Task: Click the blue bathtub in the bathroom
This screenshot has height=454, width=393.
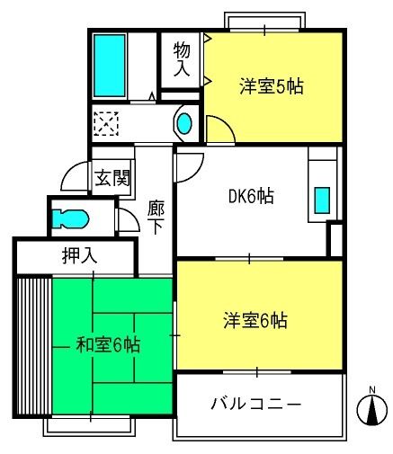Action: (109, 66)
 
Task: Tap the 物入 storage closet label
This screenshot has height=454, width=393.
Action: (182, 59)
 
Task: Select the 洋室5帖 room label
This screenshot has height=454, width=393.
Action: (272, 86)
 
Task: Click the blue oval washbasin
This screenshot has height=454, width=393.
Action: (184, 123)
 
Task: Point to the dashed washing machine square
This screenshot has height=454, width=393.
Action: (106, 123)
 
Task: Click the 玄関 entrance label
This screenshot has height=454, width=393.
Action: (112, 178)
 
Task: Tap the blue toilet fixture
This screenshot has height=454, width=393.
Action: (70, 218)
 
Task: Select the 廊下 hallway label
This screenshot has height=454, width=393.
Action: (156, 218)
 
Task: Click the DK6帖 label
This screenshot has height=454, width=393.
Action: (251, 196)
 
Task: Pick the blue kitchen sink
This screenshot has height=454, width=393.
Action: (322, 200)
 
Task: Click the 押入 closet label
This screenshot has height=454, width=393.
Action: (80, 255)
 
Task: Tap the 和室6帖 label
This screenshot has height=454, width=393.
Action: (108, 344)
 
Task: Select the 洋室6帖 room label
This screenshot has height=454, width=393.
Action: (255, 320)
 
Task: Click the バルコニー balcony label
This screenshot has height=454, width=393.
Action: (255, 404)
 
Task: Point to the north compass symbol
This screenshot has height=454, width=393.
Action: (371, 408)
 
